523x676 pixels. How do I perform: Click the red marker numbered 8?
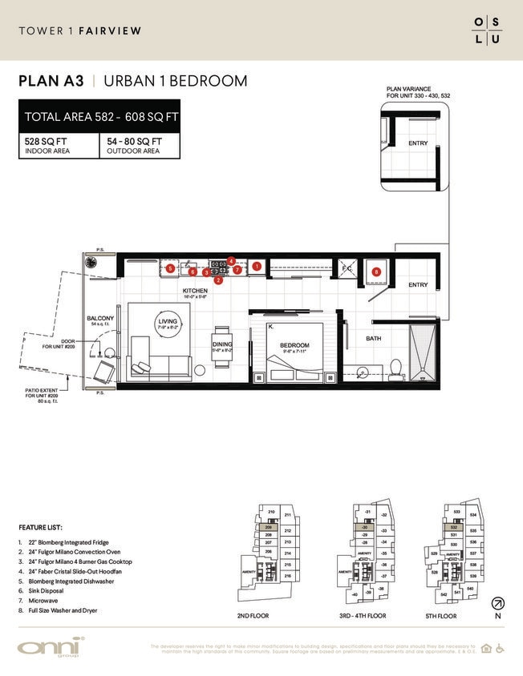pos(375,272)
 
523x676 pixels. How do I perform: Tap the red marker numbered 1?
pos(257,265)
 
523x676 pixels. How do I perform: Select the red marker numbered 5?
pos(171,268)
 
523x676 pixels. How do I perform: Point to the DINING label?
pos(221,344)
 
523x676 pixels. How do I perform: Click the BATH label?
pos(374,339)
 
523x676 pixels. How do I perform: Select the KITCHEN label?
pos(195,291)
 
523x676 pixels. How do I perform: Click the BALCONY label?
pos(100,318)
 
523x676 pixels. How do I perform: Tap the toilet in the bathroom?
pos(395,367)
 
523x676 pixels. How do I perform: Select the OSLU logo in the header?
pos(486,30)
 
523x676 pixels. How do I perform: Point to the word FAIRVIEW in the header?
pos(111,31)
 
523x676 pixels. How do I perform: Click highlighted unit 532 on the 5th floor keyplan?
pos(455,529)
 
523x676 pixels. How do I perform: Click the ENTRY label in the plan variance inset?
pos(418,143)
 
